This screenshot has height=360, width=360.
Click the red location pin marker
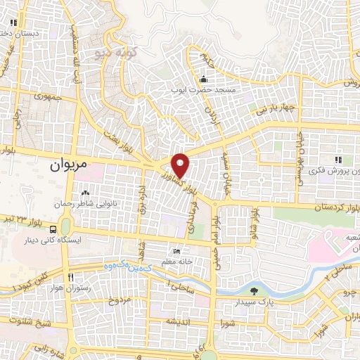tap(181, 165)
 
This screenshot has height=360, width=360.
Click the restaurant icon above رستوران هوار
tap(69, 276)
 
